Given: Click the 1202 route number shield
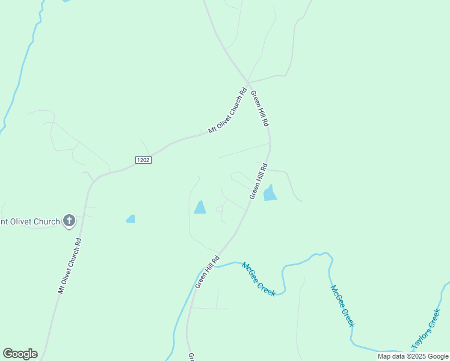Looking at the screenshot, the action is tap(143, 160).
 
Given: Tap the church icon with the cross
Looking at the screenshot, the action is tap(69, 221).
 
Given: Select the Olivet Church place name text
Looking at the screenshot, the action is tap(30, 221).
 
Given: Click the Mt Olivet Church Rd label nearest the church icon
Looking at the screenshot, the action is tap(69, 265).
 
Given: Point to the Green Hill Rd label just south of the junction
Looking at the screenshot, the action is tap(259, 108).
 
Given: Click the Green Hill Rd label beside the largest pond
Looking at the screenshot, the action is tap(258, 181).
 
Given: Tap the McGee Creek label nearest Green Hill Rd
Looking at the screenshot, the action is tap(259, 279).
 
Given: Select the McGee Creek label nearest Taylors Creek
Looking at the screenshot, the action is tap(342, 305).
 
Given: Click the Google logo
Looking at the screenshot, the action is tap(20, 353).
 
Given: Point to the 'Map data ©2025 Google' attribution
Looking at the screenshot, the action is tap(413, 356).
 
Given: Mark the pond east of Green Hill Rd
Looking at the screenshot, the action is tap(270, 193).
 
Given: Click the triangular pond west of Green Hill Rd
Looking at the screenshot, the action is tap(200, 208).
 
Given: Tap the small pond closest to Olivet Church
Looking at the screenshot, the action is tap(131, 219).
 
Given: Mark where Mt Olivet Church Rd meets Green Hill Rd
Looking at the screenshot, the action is tap(247, 82).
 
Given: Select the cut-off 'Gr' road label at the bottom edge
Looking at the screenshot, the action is tap(191, 357).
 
